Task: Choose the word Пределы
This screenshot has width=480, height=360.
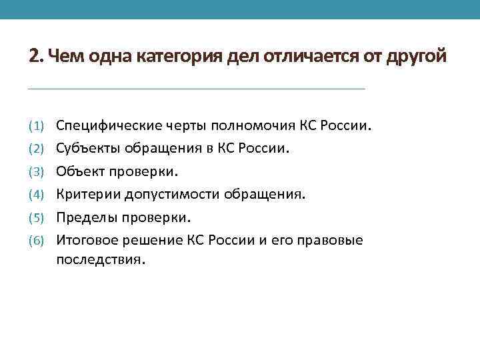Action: pos(83,217)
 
